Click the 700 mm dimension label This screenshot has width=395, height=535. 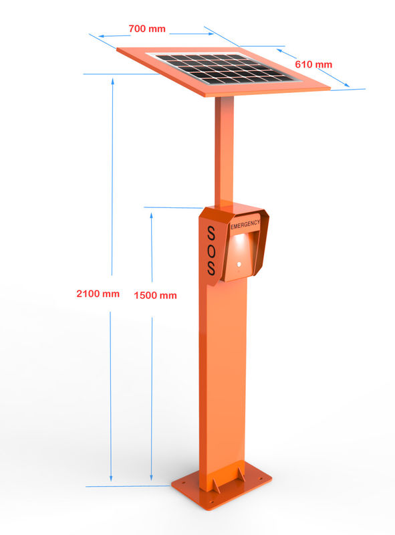point(147,29)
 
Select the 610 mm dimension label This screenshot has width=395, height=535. point(313,64)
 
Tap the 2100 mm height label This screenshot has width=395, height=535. point(98,294)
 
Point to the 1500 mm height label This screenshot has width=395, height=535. point(155,295)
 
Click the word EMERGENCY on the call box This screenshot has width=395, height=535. point(245,224)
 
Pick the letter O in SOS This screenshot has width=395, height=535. point(211,252)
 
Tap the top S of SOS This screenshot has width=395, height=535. point(211,234)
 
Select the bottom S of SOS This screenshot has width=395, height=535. point(211,269)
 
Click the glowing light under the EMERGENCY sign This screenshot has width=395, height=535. point(239,239)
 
